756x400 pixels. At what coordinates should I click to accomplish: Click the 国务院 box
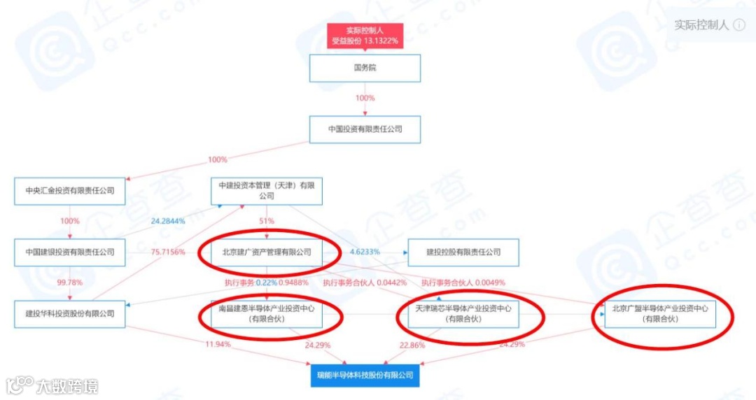tap(365, 69)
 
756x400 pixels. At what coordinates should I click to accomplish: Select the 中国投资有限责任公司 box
tap(365, 129)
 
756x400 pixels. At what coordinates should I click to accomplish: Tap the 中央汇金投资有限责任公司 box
tap(69, 190)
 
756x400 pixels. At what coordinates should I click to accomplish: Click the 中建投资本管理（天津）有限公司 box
tap(267, 191)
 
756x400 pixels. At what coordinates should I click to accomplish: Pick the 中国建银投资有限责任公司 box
tap(69, 252)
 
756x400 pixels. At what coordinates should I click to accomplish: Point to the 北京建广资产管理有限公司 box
tap(267, 252)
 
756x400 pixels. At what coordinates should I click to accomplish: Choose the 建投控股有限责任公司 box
tap(463, 252)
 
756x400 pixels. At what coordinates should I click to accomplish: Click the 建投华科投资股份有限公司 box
tap(69, 314)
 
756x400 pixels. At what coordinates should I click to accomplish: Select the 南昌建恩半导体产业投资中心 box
tap(267, 314)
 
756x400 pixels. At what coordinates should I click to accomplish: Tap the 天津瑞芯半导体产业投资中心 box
tap(463, 314)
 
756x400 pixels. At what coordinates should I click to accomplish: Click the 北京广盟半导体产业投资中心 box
tap(661, 314)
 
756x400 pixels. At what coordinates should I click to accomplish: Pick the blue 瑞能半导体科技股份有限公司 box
tap(365, 375)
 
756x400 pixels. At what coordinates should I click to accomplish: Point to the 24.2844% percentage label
tap(168, 221)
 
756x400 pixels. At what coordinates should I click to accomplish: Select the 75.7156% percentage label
tap(168, 252)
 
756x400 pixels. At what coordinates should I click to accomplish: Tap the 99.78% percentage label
tap(69, 283)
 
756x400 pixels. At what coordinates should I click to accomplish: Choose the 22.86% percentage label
tap(413, 345)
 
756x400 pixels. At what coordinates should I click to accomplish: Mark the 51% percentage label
tap(267, 221)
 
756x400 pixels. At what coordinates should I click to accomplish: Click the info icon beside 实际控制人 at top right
tap(740, 25)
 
